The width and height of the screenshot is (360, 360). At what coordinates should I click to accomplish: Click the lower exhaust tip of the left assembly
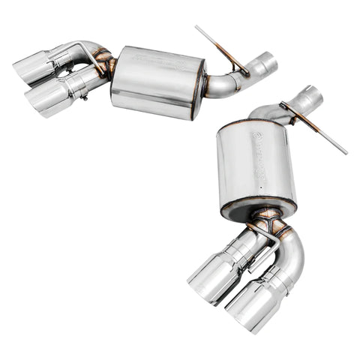(x=47, y=99)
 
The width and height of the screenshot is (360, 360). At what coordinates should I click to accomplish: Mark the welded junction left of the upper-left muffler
(x=104, y=63)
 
